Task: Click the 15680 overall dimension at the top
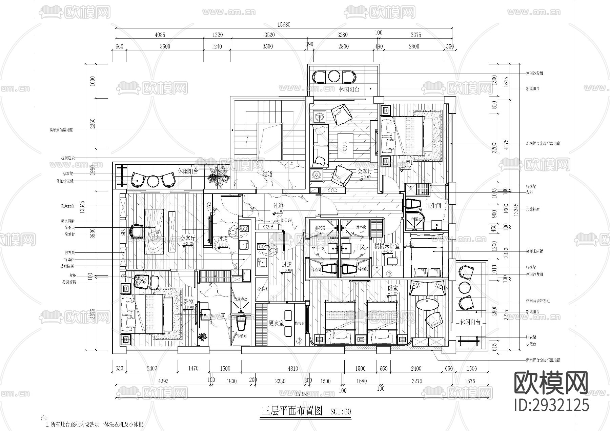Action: [x=284, y=24]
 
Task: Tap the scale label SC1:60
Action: [x=341, y=412]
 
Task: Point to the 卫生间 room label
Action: [x=433, y=206]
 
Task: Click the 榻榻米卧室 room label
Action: [x=387, y=246]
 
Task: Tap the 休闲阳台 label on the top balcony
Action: [x=349, y=90]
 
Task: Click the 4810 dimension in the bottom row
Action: [x=293, y=369]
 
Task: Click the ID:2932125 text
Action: [x=551, y=405]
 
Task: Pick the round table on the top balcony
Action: [x=334, y=77]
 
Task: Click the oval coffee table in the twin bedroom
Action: [x=427, y=304]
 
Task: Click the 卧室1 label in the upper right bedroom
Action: [x=405, y=163]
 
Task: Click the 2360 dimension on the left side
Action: [x=93, y=123]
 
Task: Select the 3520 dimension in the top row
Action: [x=269, y=35]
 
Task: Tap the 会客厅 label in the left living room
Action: [x=187, y=238]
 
